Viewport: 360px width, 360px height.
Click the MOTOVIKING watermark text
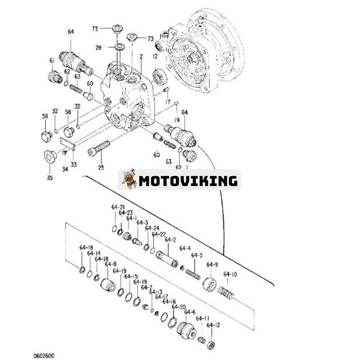click(188, 181)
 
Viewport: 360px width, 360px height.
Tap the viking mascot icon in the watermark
click(130, 180)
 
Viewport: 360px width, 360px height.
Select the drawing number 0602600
click(44, 356)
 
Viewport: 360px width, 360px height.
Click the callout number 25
click(101, 167)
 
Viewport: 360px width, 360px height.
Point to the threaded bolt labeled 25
click(99, 148)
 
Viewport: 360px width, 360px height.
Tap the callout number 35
click(49, 177)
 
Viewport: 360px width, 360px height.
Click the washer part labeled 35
click(49, 157)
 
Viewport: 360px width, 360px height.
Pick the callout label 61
click(52, 60)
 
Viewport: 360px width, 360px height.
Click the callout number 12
click(155, 56)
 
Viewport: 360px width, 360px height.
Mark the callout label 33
click(73, 164)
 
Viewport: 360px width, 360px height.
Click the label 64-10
click(230, 274)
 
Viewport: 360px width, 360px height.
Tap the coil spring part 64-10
click(226, 293)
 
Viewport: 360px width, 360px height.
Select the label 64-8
click(111, 264)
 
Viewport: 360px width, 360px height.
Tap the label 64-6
click(190, 312)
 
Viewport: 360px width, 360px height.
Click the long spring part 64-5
click(193, 274)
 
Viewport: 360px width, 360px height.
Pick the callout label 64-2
click(170, 240)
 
